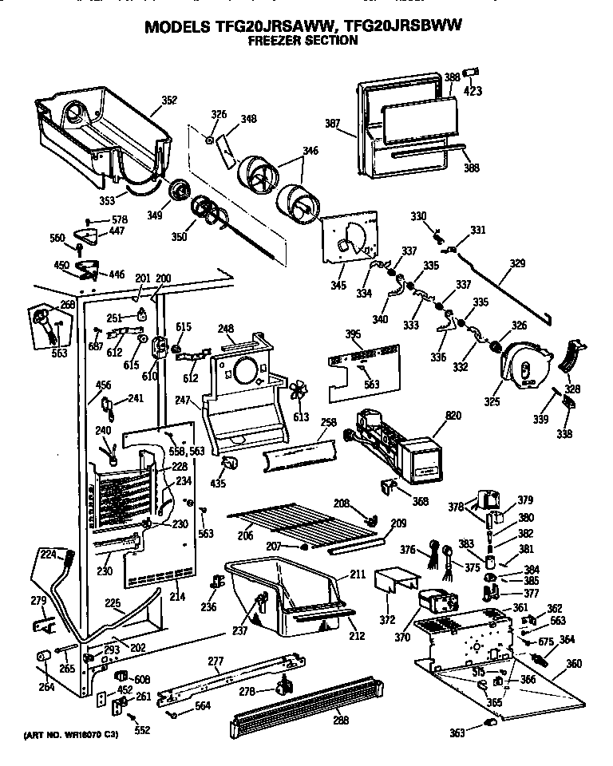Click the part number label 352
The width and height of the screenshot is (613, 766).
tap(168, 100)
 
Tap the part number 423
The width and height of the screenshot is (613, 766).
tap(473, 91)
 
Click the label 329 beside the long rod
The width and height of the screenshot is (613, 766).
tap(517, 262)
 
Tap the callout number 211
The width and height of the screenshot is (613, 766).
tap(358, 574)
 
